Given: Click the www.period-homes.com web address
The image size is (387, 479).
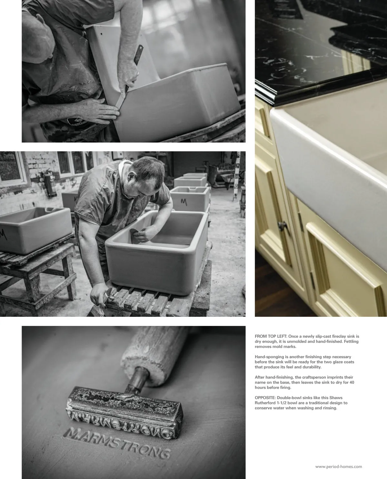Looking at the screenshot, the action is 339,467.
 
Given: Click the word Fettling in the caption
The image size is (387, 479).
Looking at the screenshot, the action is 351,341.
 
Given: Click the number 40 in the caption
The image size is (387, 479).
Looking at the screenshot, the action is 352,382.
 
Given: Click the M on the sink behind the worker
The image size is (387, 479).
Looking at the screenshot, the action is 184,202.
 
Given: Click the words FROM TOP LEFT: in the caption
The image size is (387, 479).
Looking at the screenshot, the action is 271,337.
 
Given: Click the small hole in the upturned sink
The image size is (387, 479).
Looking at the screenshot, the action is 101,34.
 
